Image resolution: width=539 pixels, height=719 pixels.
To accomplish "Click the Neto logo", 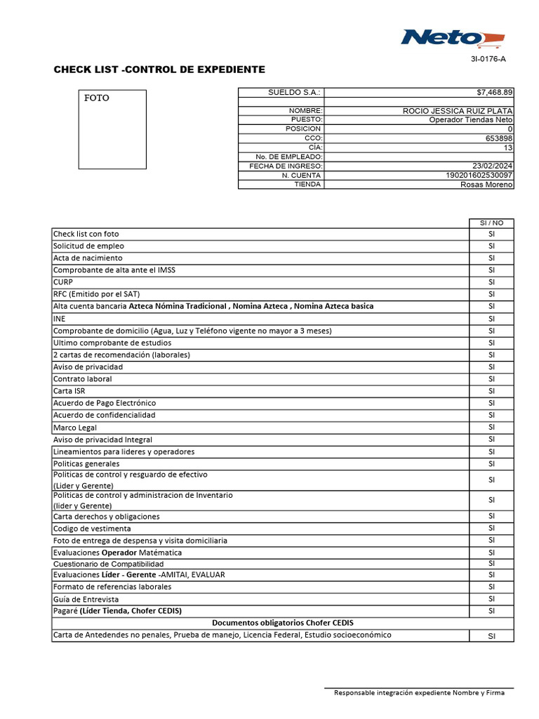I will click(x=452, y=38).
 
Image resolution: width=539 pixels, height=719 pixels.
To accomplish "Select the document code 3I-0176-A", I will click(x=488, y=60).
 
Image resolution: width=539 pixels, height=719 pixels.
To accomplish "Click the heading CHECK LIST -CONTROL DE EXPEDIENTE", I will click(x=159, y=70).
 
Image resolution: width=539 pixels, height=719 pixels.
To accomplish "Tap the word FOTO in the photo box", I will click(x=97, y=98).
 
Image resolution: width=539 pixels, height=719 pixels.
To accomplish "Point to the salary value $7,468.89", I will click(x=494, y=92).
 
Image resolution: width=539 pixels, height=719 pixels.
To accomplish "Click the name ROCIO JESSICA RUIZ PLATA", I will click(x=458, y=111).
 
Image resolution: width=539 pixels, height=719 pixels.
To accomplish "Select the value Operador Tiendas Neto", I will click(x=471, y=120).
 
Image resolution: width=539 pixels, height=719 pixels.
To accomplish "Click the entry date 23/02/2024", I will click(x=489, y=166).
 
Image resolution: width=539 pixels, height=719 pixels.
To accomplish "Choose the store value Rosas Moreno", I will click(x=486, y=185).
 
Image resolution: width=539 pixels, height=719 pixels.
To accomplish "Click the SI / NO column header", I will click(x=491, y=223).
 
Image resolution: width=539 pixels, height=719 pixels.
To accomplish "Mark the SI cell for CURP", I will click(x=491, y=282).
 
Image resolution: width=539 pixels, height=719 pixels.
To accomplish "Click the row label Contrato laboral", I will click(x=82, y=379).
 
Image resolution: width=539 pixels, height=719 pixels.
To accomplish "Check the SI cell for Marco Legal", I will click(x=491, y=427).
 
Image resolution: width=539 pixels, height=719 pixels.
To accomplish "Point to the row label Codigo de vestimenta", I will click(x=92, y=529).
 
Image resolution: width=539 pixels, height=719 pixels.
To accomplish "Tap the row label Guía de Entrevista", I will click(x=86, y=600).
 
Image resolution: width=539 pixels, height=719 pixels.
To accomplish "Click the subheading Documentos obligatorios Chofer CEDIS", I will click(x=283, y=623).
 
